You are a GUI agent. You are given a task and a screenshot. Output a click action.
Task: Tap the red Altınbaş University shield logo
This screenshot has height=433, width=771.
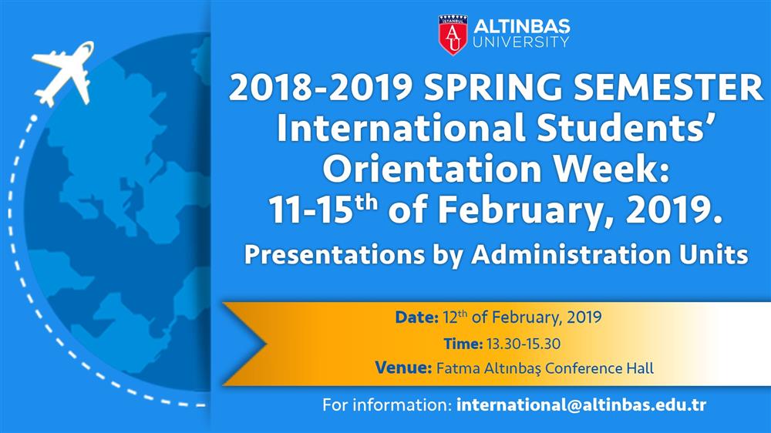pyautogui.click(x=453, y=35)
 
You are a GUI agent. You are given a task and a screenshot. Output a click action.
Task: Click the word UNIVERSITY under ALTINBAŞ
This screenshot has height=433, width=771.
pyautogui.click(x=520, y=42)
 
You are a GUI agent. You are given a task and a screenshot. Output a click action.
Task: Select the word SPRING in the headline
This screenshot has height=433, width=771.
pyautogui.click(x=493, y=88)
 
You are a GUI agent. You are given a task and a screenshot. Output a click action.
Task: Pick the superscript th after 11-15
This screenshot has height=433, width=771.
pyautogui.click(x=366, y=202)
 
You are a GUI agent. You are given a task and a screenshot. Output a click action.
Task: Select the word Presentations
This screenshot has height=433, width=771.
pyautogui.click(x=335, y=254)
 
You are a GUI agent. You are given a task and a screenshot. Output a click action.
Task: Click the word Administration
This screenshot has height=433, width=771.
pyautogui.click(x=571, y=254)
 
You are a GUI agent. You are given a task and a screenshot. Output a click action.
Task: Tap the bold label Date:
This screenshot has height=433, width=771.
pyautogui.click(x=416, y=317)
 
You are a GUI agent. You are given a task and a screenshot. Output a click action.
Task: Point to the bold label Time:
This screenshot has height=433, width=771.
pyautogui.click(x=463, y=344)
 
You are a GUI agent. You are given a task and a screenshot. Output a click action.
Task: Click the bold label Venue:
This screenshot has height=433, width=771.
pyautogui.click(x=403, y=368)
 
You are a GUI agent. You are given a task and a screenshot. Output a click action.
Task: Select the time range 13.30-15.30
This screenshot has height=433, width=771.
pyautogui.click(x=524, y=344)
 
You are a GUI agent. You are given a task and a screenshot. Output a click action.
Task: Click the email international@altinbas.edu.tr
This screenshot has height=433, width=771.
pyautogui.click(x=581, y=405)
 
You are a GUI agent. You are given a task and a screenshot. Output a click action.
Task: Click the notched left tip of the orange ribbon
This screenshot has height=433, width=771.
pyautogui.click(x=266, y=344)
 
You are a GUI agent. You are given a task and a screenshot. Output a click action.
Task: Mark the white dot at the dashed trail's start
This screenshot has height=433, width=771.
pyautogui.click(x=33, y=118)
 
